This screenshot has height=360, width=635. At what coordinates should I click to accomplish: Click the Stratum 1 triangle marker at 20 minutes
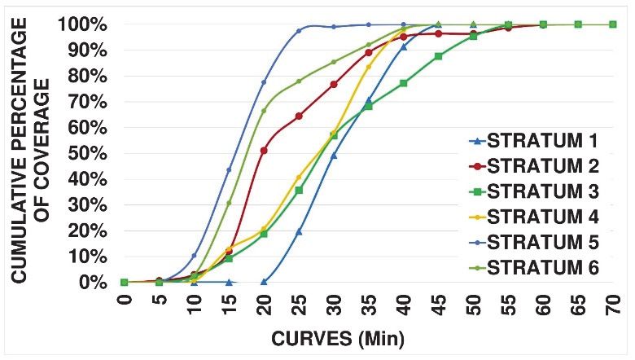[x=264, y=282]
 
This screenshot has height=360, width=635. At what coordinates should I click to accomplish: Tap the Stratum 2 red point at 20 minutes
[x=264, y=151]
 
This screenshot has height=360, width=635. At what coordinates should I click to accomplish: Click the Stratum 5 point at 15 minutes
[x=229, y=169]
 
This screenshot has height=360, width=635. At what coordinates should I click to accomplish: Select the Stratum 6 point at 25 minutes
[x=299, y=81]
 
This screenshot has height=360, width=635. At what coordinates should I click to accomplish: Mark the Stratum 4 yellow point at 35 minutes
[x=369, y=67]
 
